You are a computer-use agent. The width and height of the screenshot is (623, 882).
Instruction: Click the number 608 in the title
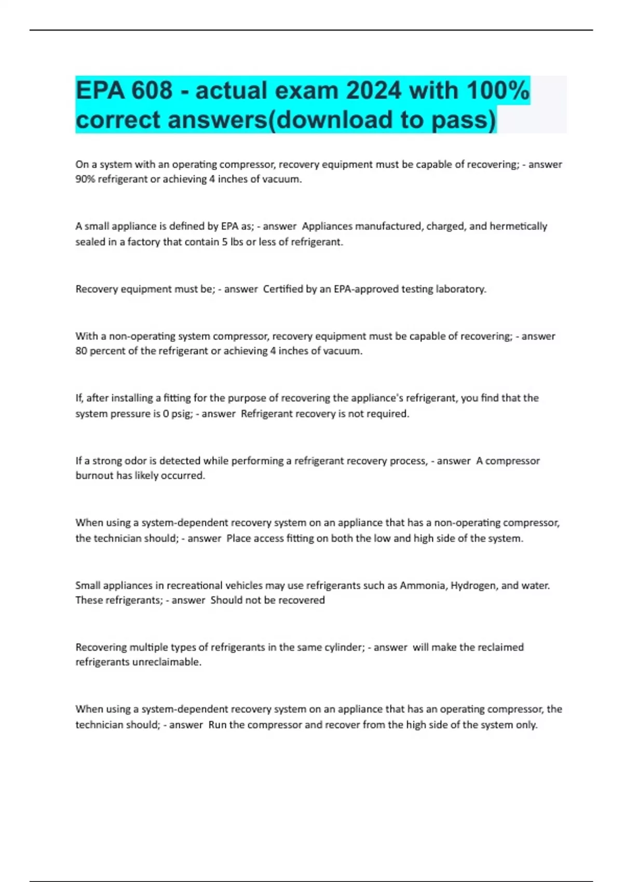pyautogui.click(x=152, y=91)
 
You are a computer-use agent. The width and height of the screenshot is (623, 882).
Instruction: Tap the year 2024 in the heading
pyautogui.click(x=373, y=91)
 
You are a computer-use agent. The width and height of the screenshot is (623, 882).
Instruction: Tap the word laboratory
pyautogui.click(x=461, y=289)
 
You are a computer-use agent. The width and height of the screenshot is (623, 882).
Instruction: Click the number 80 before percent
pyautogui.click(x=81, y=351)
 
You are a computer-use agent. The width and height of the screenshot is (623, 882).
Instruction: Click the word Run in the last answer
pyautogui.click(x=217, y=725)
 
